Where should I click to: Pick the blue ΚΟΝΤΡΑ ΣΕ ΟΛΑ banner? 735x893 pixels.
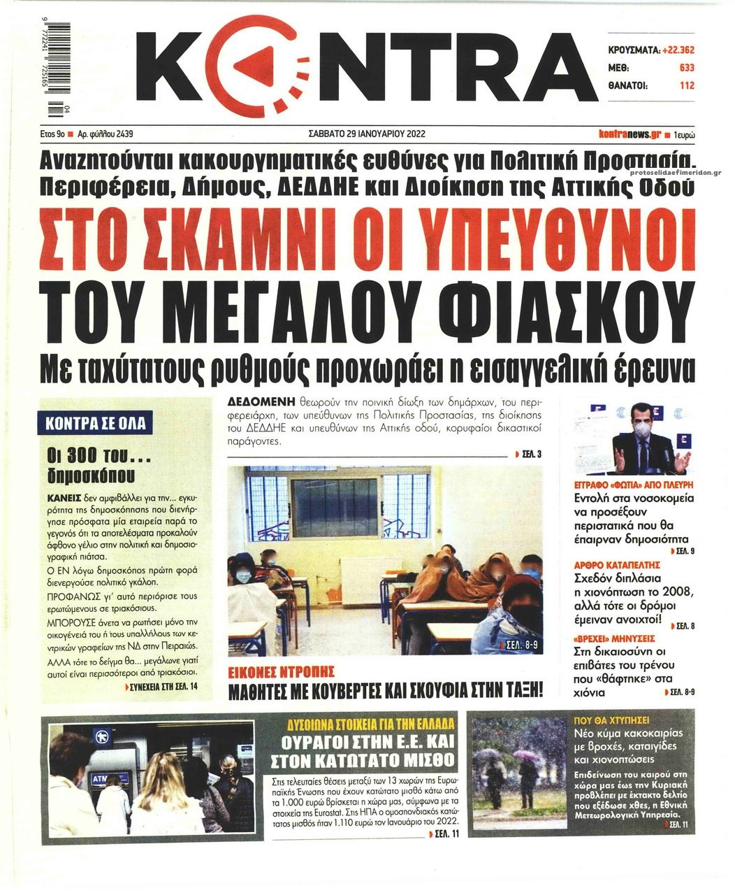coord(95,424)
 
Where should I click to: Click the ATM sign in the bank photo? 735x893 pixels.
coord(101,778)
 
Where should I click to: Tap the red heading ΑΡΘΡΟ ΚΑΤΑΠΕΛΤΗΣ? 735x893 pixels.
coord(609,564)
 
